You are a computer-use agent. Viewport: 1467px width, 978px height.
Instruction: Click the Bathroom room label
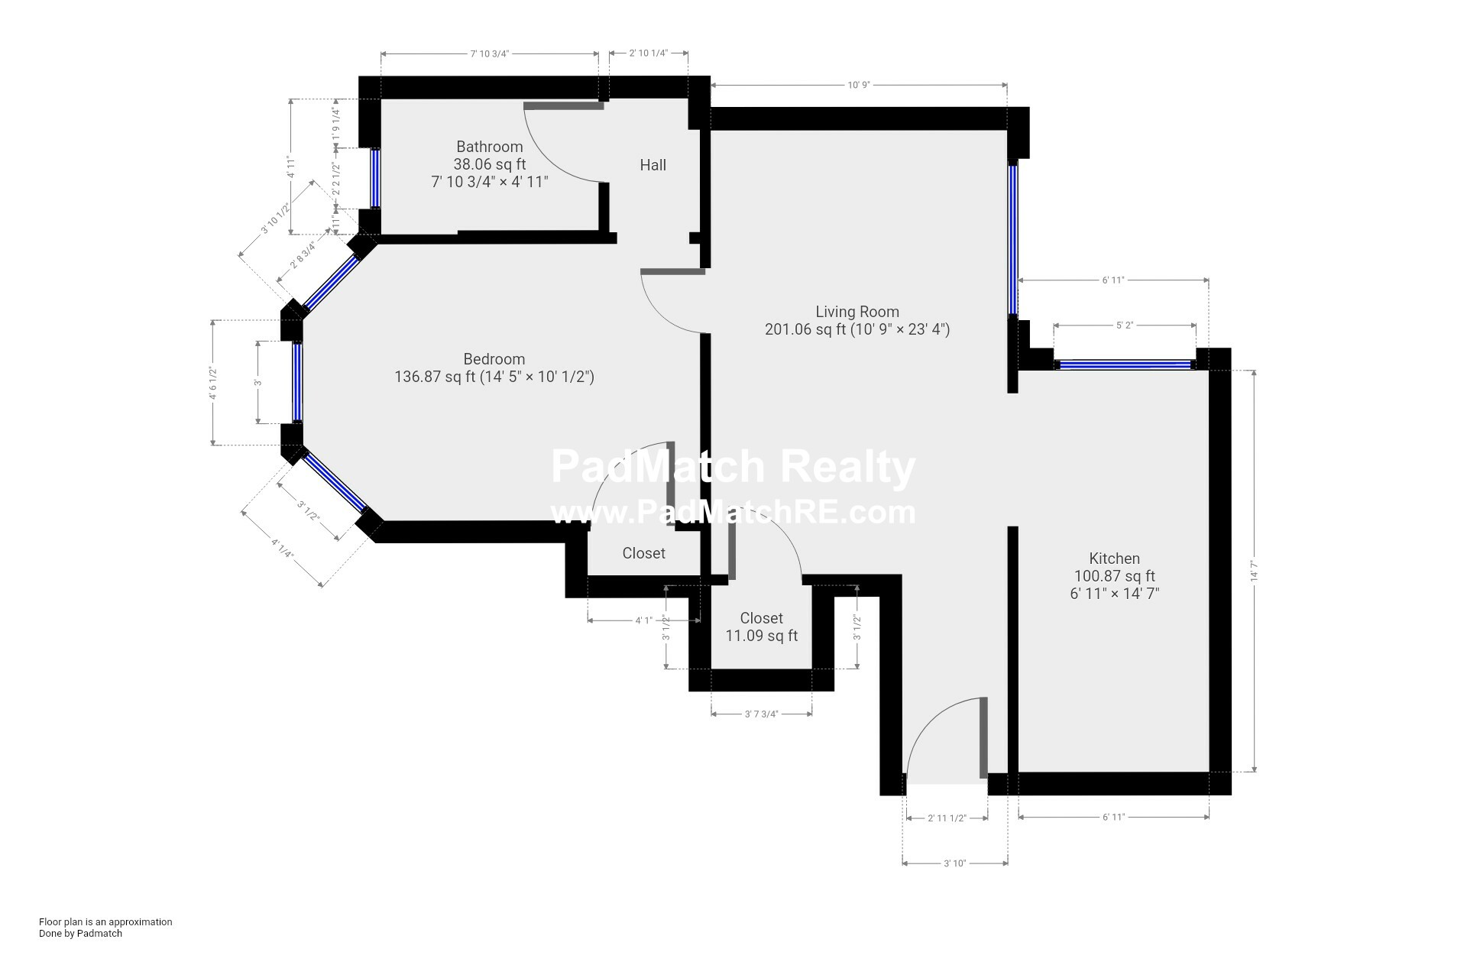[489, 147]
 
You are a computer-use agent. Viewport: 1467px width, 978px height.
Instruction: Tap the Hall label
[653, 165]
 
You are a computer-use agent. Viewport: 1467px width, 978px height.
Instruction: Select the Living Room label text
[857, 312]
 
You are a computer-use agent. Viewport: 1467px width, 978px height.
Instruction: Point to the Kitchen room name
[1114, 559]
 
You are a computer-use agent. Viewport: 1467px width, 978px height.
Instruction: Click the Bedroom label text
[494, 359]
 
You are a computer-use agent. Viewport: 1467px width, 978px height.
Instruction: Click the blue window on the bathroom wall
[375, 178]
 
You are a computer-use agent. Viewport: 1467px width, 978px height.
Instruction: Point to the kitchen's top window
[1125, 365]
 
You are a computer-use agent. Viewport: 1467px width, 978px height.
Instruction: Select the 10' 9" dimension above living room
[858, 85]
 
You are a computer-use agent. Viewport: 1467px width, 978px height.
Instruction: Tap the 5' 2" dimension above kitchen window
[1124, 325]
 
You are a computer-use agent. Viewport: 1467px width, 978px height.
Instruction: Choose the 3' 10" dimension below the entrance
[954, 863]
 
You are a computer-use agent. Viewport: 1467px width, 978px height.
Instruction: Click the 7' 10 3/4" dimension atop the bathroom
[489, 53]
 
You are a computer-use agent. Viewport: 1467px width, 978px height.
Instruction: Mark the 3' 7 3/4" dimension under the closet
[761, 714]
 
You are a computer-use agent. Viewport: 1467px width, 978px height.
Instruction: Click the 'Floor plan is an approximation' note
[105, 921]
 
